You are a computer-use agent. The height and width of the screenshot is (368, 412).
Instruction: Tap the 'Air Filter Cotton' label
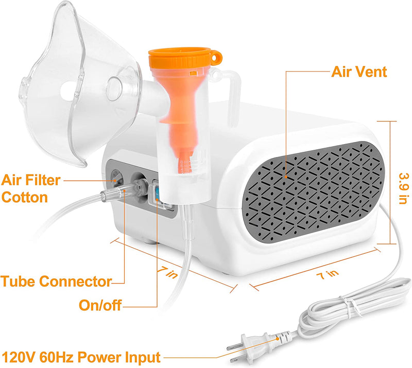tap(31, 189)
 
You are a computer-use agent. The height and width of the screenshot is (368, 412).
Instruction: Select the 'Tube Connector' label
tap(56, 282)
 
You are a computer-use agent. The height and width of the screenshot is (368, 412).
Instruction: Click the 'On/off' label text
tap(100, 305)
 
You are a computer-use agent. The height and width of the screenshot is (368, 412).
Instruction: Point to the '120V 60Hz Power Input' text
tap(81, 356)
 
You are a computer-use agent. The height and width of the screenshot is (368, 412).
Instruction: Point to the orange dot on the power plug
tap(278, 338)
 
